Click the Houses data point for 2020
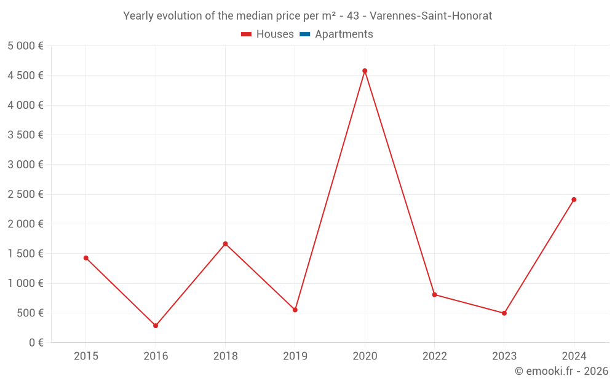(x=365, y=71)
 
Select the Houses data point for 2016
(x=156, y=326)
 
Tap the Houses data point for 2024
(x=574, y=200)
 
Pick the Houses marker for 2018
(x=225, y=244)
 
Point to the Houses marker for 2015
(x=86, y=258)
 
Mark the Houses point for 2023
(x=504, y=313)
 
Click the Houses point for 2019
(x=295, y=310)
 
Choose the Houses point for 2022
(x=434, y=295)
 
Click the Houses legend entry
(x=268, y=34)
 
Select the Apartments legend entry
(x=336, y=34)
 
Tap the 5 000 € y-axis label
(x=25, y=45)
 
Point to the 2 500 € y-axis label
(x=25, y=194)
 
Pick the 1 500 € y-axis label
(x=25, y=254)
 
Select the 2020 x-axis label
(x=365, y=356)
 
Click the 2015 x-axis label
(x=86, y=356)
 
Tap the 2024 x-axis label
(x=574, y=356)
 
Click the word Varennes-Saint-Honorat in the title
(x=430, y=16)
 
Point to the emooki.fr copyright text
(x=561, y=371)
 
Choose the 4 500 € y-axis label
(x=25, y=76)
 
